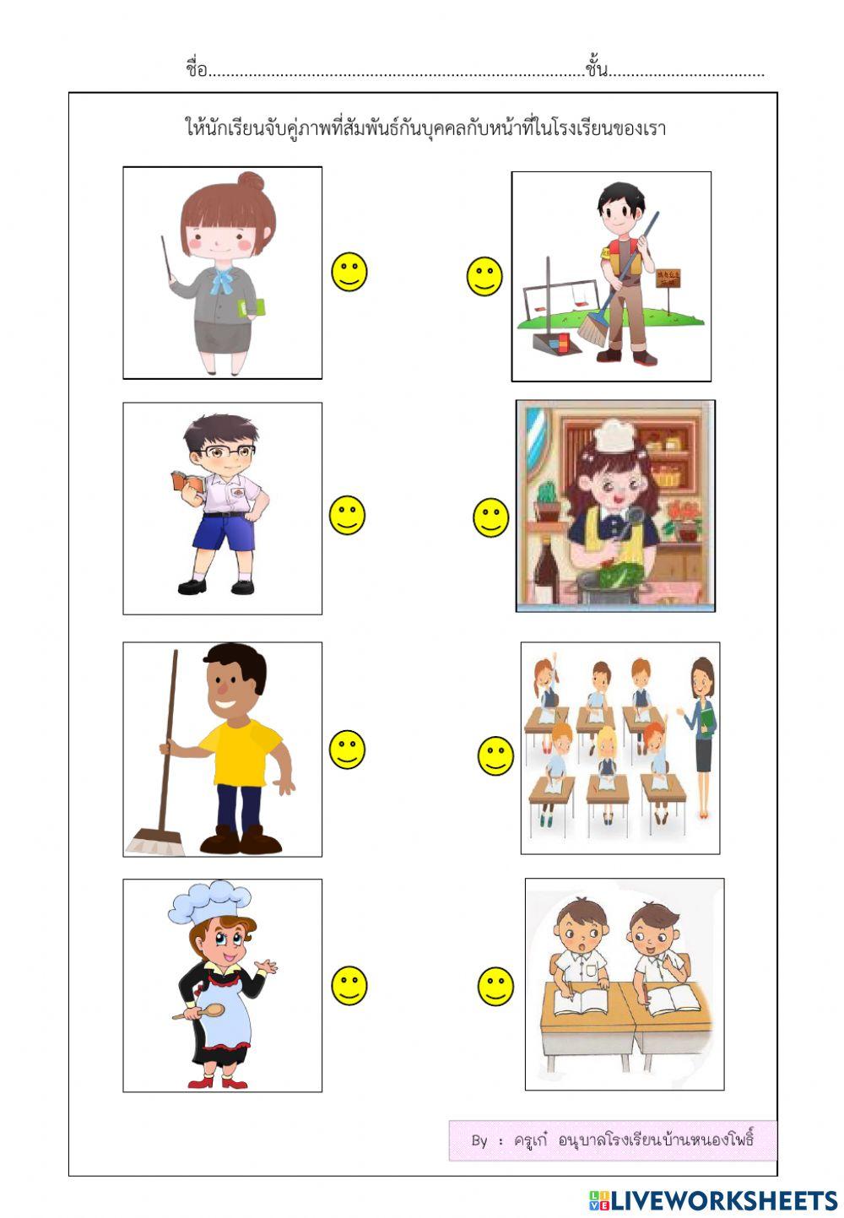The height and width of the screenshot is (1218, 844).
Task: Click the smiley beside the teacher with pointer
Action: [x=349, y=272]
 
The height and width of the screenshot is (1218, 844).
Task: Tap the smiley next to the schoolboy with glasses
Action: [x=346, y=515]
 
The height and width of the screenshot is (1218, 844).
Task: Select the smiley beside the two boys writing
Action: [x=495, y=986]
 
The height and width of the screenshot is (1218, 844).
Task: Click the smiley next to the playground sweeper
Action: [x=484, y=276]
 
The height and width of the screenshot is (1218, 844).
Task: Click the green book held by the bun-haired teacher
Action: [x=252, y=307]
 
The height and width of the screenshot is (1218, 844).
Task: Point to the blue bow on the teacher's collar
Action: [x=222, y=279]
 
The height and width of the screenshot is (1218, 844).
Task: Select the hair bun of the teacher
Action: [x=251, y=181]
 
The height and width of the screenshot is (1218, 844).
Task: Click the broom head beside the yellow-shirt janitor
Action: [x=156, y=842]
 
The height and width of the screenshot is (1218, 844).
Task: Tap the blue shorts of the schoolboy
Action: [x=223, y=532]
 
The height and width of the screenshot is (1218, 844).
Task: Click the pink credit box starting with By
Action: [x=612, y=1140]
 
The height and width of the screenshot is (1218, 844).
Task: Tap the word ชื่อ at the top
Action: [x=196, y=69]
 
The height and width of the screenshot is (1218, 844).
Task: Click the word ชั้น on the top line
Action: [x=596, y=69]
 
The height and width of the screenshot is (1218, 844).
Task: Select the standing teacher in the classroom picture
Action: [x=701, y=726]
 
